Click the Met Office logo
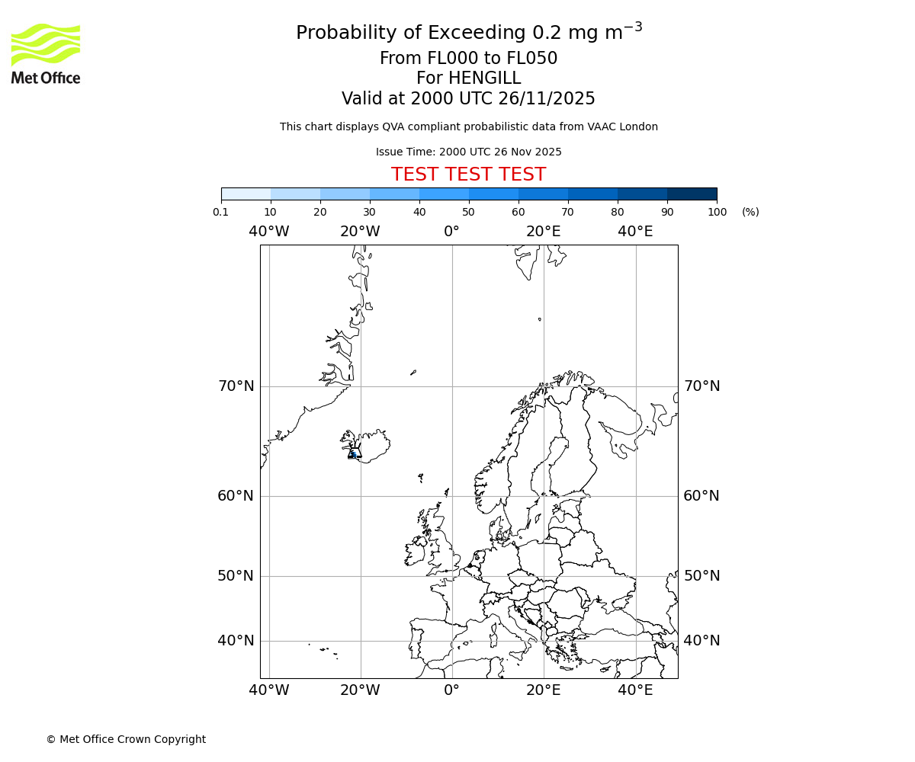46,53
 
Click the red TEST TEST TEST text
468,174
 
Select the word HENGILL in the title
484,78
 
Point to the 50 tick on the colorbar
468,212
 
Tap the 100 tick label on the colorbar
717,212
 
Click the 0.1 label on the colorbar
221,212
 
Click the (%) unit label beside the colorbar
750,212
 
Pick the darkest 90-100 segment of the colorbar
692,194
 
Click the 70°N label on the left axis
236,386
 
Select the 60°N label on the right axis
701,496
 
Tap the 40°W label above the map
269,231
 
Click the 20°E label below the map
544,690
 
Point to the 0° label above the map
451,231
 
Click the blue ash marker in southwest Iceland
353,454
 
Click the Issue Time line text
468,152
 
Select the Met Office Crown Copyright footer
126,739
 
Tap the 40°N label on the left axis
236,641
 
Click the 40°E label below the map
635,690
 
